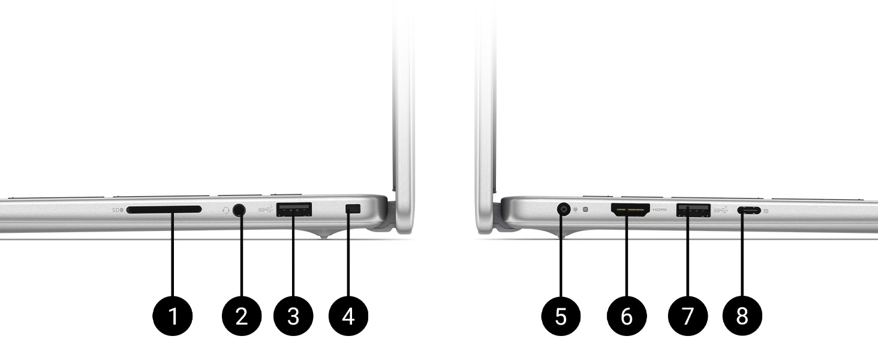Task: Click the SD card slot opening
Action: [x=164, y=210]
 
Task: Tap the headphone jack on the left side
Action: [x=240, y=210]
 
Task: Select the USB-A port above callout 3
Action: [x=294, y=209]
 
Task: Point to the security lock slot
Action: [x=353, y=208]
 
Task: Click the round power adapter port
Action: [x=563, y=209]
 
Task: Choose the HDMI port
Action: [x=630, y=210]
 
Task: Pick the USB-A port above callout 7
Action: [x=693, y=210]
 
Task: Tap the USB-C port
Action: [x=750, y=211]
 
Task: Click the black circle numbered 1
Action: [x=173, y=315]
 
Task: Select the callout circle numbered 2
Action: [x=241, y=315]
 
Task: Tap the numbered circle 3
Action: [x=293, y=315]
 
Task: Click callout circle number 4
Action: [x=348, y=315]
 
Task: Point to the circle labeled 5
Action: [x=561, y=315]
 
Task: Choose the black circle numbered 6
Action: [x=627, y=315]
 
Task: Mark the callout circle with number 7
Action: [x=687, y=315]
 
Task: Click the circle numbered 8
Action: [x=742, y=315]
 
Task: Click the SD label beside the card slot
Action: [x=117, y=211]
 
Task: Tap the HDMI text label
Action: [x=660, y=210]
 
